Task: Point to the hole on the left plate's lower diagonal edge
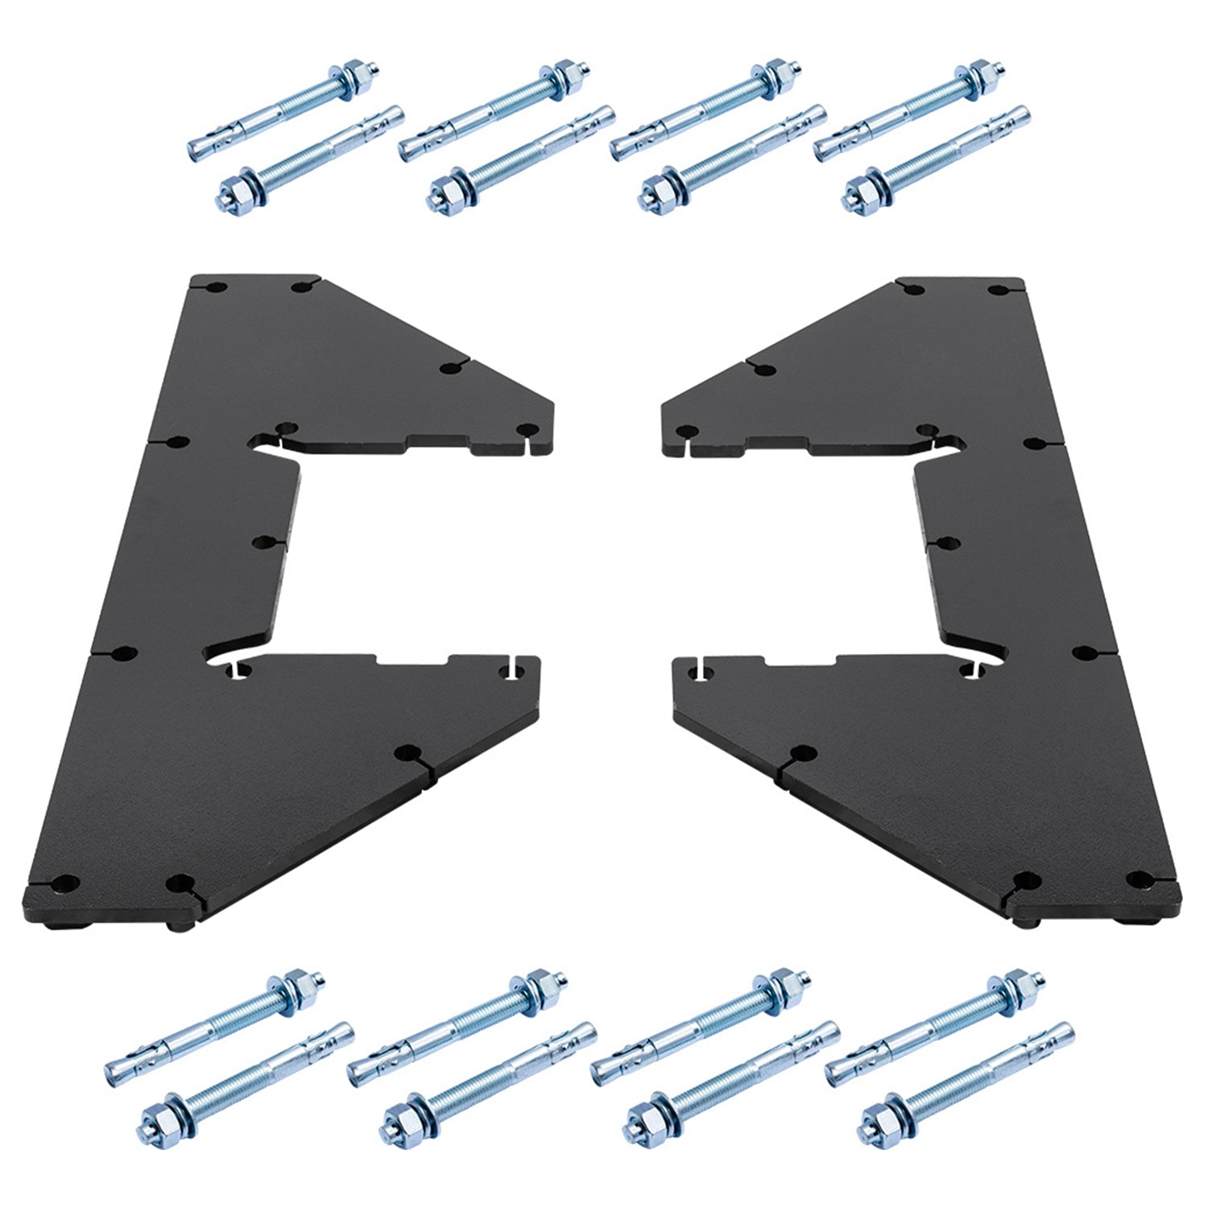403,752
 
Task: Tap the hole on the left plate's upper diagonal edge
449,367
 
